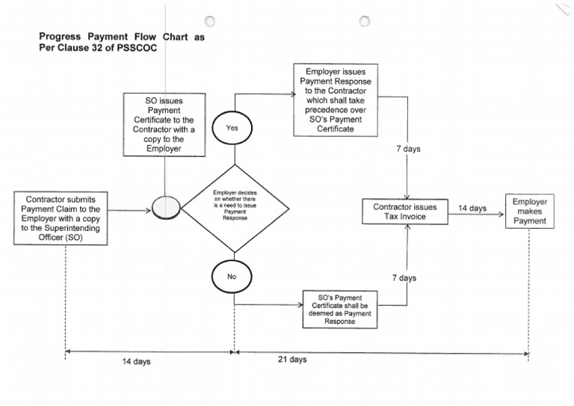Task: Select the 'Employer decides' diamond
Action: click(234, 209)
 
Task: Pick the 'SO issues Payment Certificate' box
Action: click(164, 124)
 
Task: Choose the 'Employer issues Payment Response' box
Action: click(334, 99)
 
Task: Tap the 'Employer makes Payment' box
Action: click(530, 211)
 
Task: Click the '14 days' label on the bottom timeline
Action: click(137, 361)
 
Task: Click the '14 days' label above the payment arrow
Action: click(472, 208)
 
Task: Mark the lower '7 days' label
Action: click(404, 278)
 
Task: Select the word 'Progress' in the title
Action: click(62, 36)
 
